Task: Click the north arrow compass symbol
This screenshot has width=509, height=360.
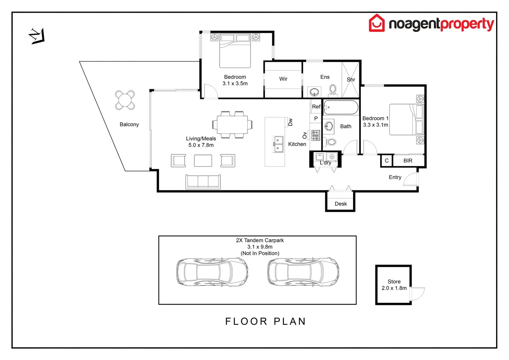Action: pos(37,36)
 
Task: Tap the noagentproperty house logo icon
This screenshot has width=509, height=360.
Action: pos(376,23)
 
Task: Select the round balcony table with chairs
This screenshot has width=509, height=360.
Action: pos(125,100)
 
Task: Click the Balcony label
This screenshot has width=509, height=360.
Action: pos(129,124)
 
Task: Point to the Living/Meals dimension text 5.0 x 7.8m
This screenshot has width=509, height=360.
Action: pos(201,145)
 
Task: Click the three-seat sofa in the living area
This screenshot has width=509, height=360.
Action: pos(203,182)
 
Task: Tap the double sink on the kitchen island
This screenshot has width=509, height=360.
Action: pos(278,144)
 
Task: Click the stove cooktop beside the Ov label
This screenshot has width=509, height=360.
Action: pos(315,135)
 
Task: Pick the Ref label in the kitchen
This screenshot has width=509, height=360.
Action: pos(316,107)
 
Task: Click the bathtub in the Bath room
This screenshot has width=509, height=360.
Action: pos(341,108)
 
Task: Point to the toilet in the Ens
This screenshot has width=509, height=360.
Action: pos(332,90)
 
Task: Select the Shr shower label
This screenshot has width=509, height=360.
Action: pos(351,80)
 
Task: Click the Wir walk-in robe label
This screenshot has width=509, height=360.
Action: pos(283,79)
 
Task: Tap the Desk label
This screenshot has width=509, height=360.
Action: pos(340,204)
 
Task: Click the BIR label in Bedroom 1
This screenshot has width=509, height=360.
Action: pos(408,161)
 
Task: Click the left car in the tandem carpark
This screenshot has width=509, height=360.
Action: pos(212,272)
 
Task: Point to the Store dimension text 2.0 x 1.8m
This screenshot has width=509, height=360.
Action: pos(394,288)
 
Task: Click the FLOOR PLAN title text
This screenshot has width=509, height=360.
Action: pos(265,321)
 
